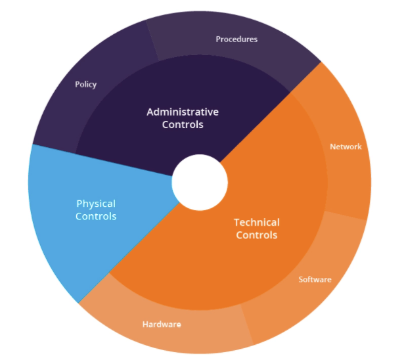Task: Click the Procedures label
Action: tap(236, 39)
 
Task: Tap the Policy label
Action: tap(86, 85)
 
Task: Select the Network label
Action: tap(346, 146)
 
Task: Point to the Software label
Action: tap(315, 279)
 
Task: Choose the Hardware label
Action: tap(162, 324)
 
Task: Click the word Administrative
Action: tap(183, 112)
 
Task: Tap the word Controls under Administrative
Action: tap(183, 125)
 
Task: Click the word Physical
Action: tap(96, 204)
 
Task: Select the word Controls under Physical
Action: tap(96, 216)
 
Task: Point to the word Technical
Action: tap(257, 223)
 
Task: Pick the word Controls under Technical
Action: tap(257, 235)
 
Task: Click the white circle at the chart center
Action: tap(200, 183)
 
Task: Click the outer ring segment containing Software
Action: tap(309, 283)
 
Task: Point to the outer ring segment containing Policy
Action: tap(85, 85)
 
